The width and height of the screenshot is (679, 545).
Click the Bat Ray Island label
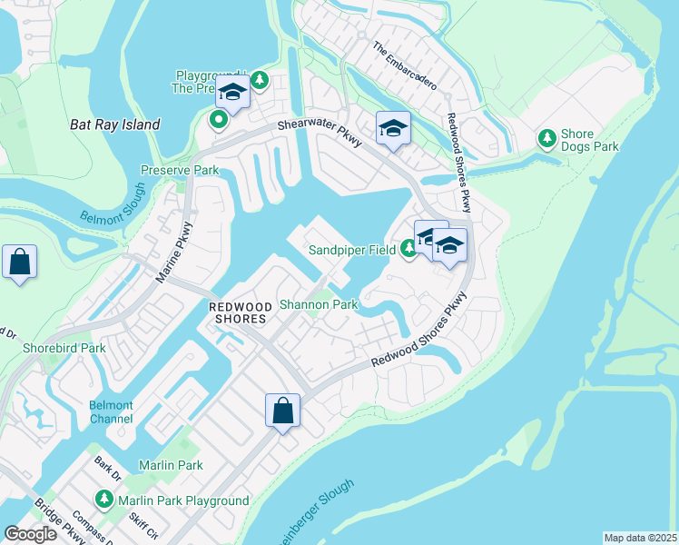tap(115, 124)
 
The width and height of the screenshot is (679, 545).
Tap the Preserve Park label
tap(180, 170)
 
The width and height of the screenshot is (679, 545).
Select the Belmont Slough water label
tap(113, 204)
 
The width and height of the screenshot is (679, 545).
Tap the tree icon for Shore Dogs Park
tap(547, 139)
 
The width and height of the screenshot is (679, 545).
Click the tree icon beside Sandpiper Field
tap(408, 249)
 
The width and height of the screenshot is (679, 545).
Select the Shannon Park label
tap(318, 305)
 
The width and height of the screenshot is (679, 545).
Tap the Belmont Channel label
tap(111, 411)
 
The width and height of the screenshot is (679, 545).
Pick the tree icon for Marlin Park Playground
tap(104, 500)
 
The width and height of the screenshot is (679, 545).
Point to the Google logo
tap(30, 534)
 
